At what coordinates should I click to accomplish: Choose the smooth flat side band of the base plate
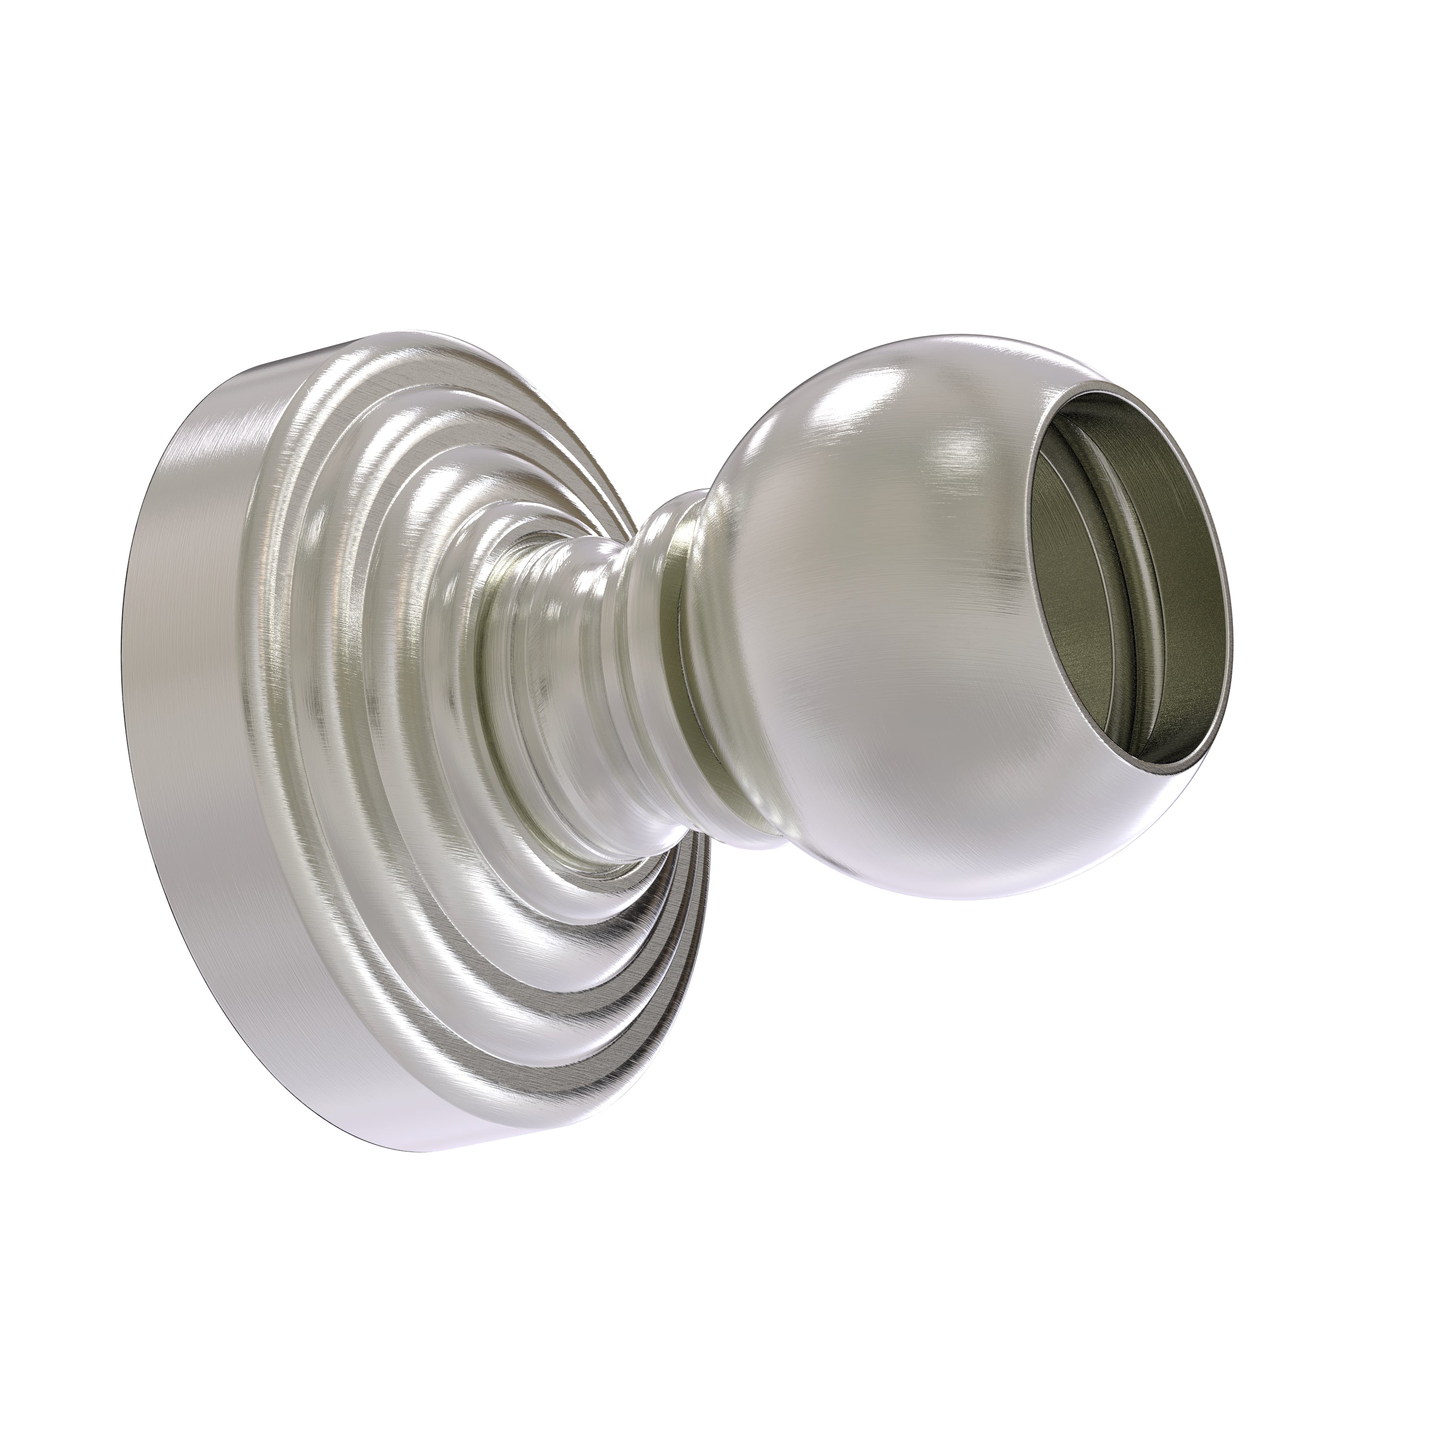(x=186, y=671)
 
